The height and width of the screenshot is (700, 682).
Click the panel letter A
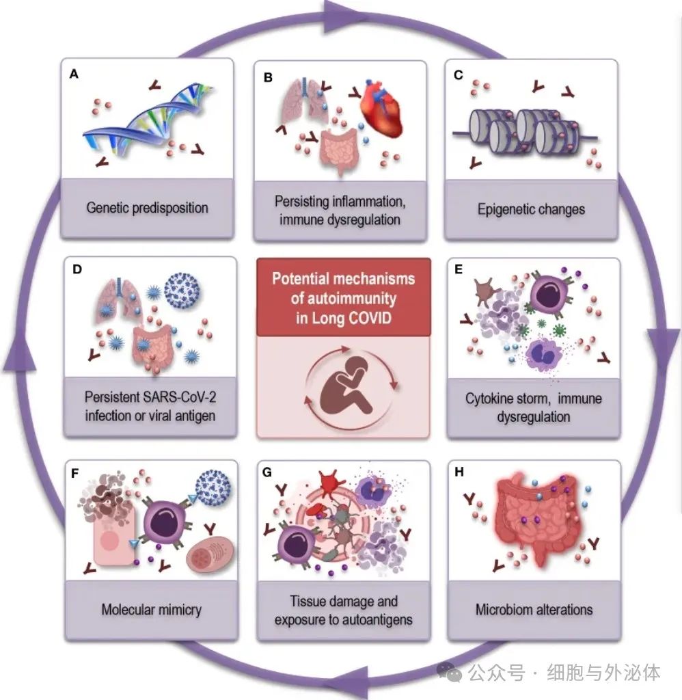74,74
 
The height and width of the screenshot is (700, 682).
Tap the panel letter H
459,472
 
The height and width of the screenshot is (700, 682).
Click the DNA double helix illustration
148,120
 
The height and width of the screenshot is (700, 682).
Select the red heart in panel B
381,109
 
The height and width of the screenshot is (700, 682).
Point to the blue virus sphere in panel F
213,487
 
